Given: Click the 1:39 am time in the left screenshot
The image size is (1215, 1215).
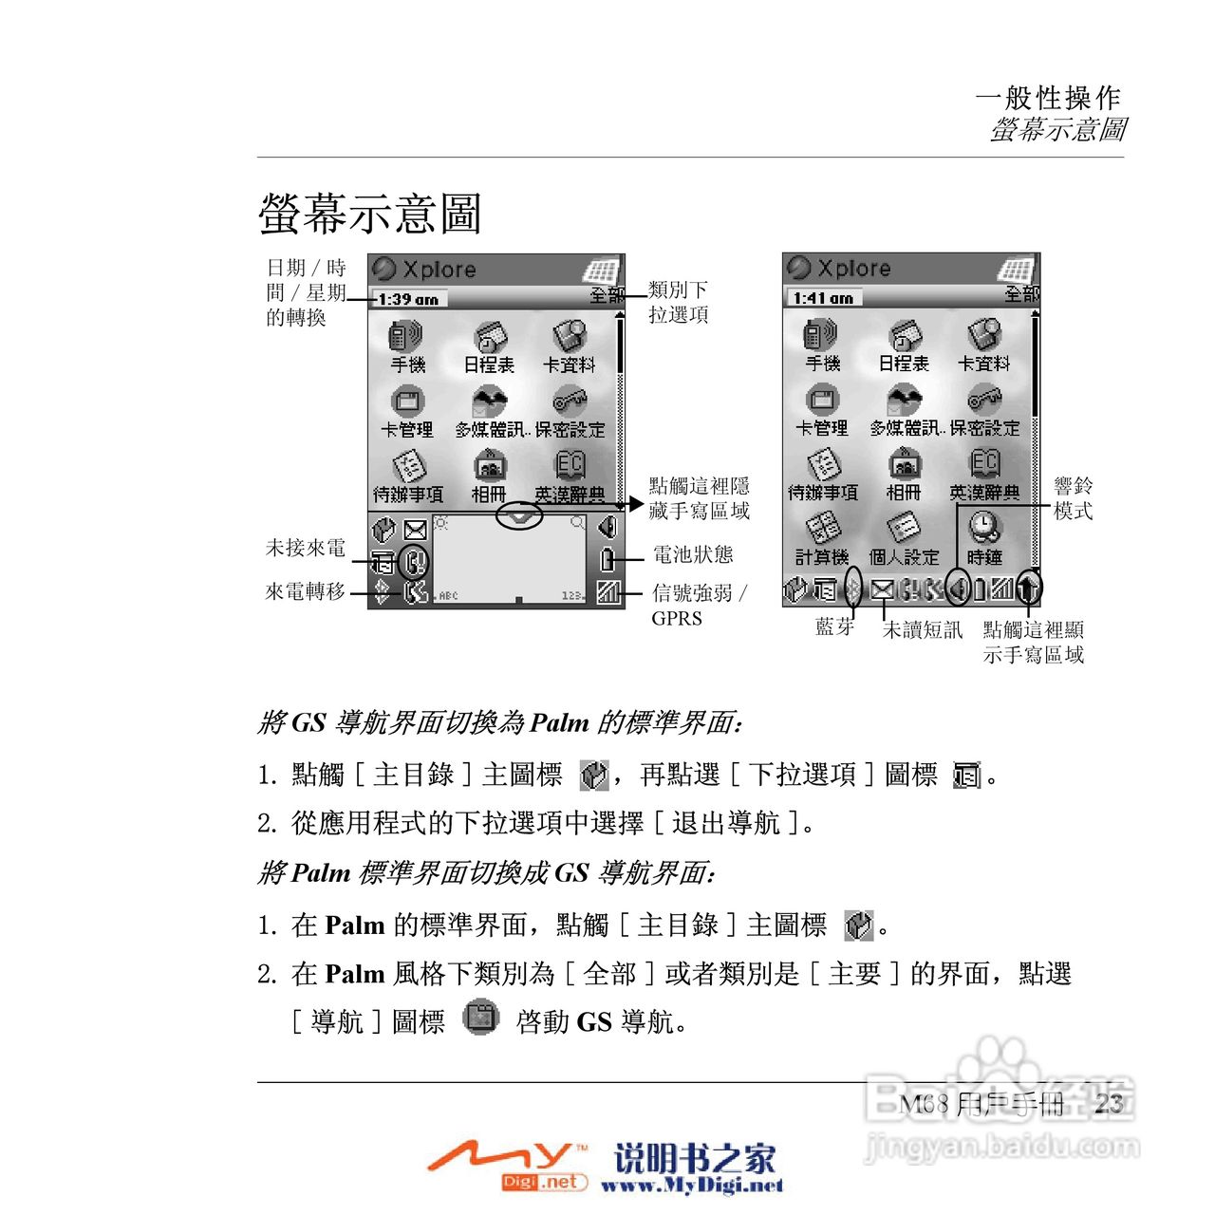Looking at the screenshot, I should tap(408, 299).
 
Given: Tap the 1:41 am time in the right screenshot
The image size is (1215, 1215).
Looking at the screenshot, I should tap(823, 298).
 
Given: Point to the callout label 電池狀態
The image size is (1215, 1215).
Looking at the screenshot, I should tap(693, 554).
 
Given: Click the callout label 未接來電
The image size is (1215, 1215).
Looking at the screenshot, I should tap(306, 548).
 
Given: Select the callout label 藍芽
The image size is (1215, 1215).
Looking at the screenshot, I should tap(835, 626).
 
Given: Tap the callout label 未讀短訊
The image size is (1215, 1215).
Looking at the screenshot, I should tap(923, 629).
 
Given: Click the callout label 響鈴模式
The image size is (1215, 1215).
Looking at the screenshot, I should tap(1073, 498).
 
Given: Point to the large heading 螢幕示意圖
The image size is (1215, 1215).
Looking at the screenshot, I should tap(370, 213).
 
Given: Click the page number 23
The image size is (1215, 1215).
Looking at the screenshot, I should tap(1109, 1103).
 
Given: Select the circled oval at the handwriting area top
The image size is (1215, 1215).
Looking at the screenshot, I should tap(519, 515).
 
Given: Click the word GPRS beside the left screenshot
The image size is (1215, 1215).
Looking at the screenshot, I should tap(677, 619).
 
